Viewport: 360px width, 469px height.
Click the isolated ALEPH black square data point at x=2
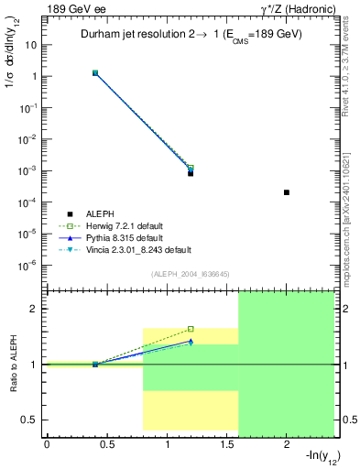[x=287, y=192]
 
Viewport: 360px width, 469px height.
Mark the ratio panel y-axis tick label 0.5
[x=30, y=420]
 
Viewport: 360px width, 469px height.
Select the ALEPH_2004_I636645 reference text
[x=189, y=273]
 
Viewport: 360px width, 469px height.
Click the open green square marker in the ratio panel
[x=191, y=329]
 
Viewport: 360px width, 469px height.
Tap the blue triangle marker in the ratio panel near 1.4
[x=191, y=341]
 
